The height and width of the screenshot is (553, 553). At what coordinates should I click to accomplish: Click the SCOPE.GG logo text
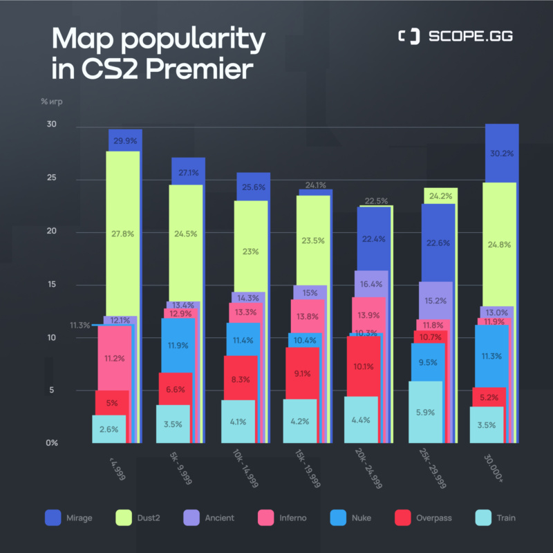click(469, 37)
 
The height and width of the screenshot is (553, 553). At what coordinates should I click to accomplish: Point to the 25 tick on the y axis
click(51, 178)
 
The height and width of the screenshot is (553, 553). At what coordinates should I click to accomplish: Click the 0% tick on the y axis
click(51, 443)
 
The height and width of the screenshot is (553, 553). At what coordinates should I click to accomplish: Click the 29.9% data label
click(125, 141)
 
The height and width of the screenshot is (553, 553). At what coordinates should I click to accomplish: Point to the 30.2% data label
click(502, 154)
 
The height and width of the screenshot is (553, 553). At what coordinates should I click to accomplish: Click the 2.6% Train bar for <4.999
click(109, 429)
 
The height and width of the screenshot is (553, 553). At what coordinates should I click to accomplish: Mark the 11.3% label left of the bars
click(79, 326)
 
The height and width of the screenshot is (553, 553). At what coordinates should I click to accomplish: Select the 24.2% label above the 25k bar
click(440, 196)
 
